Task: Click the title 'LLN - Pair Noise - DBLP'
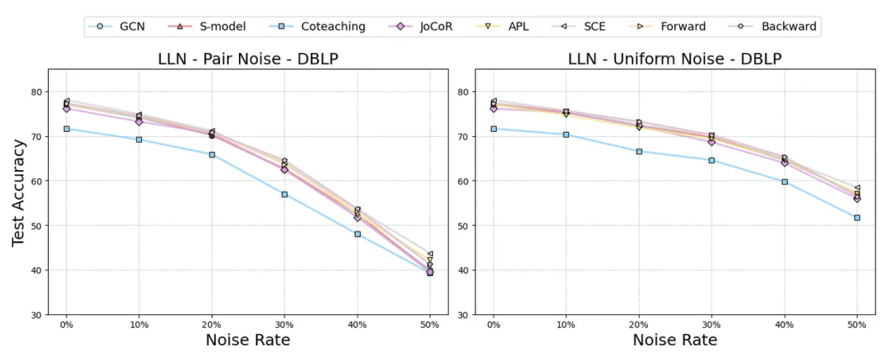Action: click(x=247, y=60)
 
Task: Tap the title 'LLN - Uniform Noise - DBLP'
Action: click(x=674, y=60)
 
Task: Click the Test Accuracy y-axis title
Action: click(x=18, y=192)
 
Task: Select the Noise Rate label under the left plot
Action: click(x=247, y=340)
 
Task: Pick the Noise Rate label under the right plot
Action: click(x=674, y=340)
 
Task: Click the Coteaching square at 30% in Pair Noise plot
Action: click(x=284, y=194)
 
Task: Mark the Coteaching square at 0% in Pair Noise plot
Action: click(x=66, y=129)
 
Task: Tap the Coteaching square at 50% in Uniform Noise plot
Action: click(x=857, y=217)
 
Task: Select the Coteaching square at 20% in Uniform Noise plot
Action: click(x=639, y=151)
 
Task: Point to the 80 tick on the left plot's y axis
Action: click(x=45, y=91)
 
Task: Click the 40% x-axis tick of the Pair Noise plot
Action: click(x=357, y=324)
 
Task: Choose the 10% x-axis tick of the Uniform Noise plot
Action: click(x=566, y=324)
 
